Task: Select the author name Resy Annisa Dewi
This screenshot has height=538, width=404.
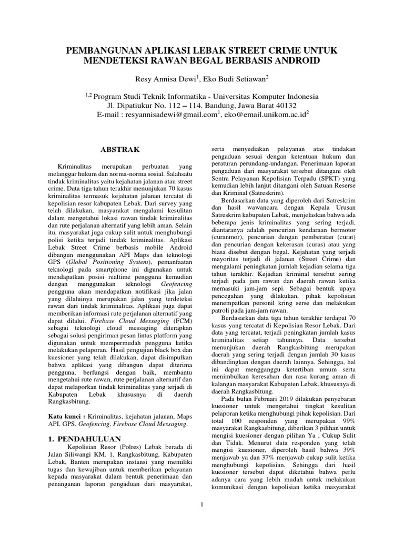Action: (160, 79)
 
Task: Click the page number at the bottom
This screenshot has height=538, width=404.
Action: (202, 505)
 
